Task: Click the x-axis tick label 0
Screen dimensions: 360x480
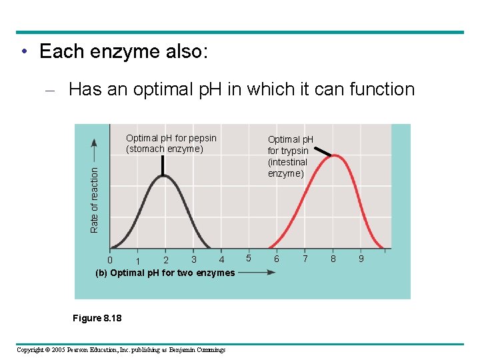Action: pyautogui.click(x=110, y=259)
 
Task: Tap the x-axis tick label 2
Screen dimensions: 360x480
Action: pyautogui.click(x=166, y=260)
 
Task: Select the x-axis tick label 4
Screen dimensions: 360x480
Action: pyautogui.click(x=222, y=259)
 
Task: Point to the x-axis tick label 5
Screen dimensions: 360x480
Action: pyautogui.click(x=249, y=258)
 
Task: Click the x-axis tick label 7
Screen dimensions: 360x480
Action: pyautogui.click(x=305, y=258)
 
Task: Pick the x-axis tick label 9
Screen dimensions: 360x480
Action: pyautogui.click(x=361, y=258)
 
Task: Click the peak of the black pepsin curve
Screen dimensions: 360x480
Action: pyautogui.click(x=163, y=176)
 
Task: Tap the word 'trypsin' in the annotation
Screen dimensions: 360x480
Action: pyautogui.click(x=293, y=151)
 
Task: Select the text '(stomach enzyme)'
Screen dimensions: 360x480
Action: pyautogui.click(x=165, y=149)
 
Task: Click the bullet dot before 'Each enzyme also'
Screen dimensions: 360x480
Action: pyautogui.click(x=23, y=52)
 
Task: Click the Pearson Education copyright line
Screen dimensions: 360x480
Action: pyautogui.click(x=121, y=350)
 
